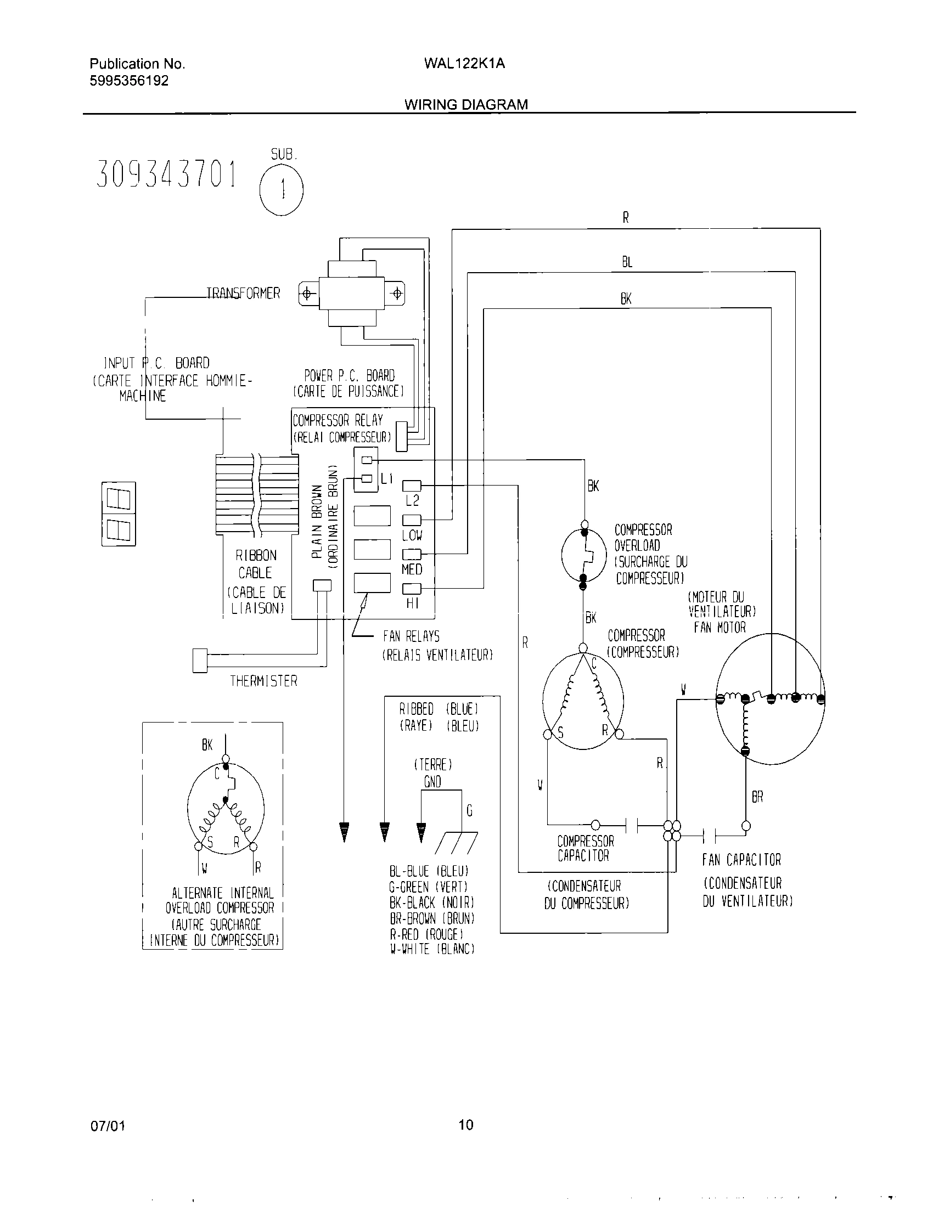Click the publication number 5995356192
pos(129,81)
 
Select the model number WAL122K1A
pos(464,64)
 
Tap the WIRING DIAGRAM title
pos(466,104)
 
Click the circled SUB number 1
pos(282,190)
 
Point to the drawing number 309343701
pos(166,174)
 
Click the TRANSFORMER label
pos(244,293)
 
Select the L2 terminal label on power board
pos(412,501)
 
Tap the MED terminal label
pos(412,569)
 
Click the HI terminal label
pos(412,604)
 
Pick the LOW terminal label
pos(412,535)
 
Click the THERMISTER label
pos(263,681)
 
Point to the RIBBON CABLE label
pos(256,563)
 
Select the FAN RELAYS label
pos(411,636)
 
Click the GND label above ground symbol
pos(432,781)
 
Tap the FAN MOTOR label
pos(720,627)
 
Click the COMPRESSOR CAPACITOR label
pos(586,848)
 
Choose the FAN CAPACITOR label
pos(741,860)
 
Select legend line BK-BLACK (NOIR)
pos(432,903)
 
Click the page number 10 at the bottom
pos(466,1125)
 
